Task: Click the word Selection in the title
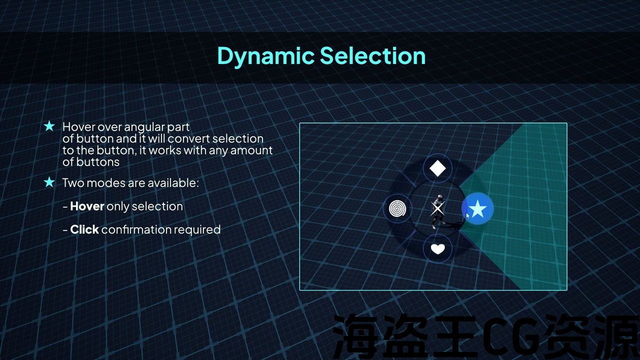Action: pos(373,55)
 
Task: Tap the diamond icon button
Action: pos(437,168)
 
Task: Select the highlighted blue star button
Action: pos(477,208)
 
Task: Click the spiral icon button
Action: pos(397,208)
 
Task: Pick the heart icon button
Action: pos(437,248)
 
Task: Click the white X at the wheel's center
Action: pos(437,208)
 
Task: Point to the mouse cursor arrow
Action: pos(467,215)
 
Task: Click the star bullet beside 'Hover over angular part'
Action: pos(49,126)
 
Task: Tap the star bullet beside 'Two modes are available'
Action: pos(49,182)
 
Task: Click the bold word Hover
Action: pos(87,206)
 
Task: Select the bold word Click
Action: pos(84,229)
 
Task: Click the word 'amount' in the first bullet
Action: pos(251,150)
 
